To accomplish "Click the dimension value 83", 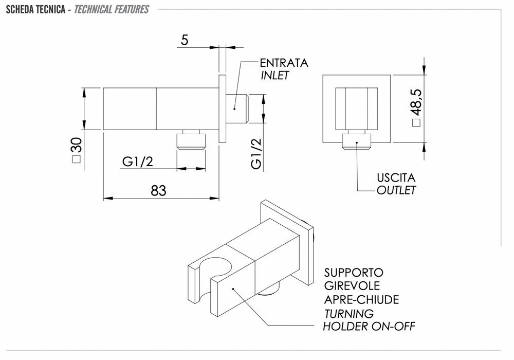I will click(159, 190).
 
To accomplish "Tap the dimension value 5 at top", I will click(185, 40).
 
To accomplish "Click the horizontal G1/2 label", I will click(138, 162).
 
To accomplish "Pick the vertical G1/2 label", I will click(256, 154).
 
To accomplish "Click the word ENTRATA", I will click(284, 63).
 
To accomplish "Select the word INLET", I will click(275, 75).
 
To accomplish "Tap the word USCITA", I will click(396, 178).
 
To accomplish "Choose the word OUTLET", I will click(396, 190).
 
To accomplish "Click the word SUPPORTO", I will click(354, 273).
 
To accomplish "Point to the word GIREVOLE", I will click(352, 286).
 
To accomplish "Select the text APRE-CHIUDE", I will click(361, 299).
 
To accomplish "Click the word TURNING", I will click(349, 313).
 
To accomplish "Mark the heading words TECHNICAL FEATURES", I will click(112, 9).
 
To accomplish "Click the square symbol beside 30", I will click(77, 159).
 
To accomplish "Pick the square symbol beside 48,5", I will click(416, 122).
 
